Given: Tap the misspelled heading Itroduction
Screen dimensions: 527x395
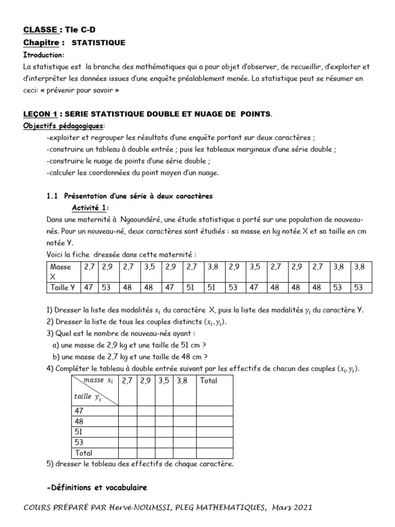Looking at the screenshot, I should coord(44,55).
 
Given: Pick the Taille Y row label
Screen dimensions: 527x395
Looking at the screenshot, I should coord(62,287).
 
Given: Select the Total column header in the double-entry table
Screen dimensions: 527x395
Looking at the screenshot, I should coord(208,381).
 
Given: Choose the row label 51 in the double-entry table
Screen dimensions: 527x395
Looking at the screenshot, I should coord(80,432).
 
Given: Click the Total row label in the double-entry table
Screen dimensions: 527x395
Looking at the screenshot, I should coord(84,453).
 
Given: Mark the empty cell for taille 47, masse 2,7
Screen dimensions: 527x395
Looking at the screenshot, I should coord(128,411).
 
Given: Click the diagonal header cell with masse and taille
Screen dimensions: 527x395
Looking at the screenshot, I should coord(95,390).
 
